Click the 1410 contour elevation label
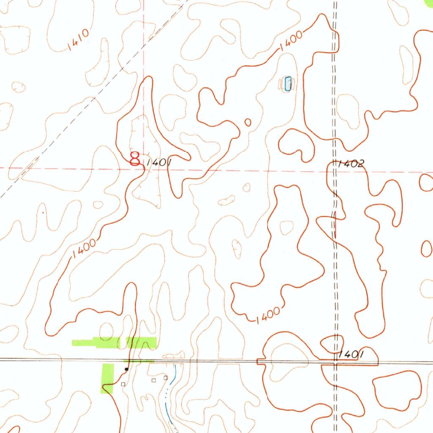tap(78, 41)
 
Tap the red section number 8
tap(135, 159)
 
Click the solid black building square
tap(126, 369)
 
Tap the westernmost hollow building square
tap(123, 384)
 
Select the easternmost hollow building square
tap(166, 377)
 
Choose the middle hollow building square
tap(154, 380)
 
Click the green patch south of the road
tap(108, 378)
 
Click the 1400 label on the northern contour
tap(291, 41)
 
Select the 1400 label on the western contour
tap(84, 250)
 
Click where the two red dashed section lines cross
tap(144, 168)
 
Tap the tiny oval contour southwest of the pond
tap(248, 122)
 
